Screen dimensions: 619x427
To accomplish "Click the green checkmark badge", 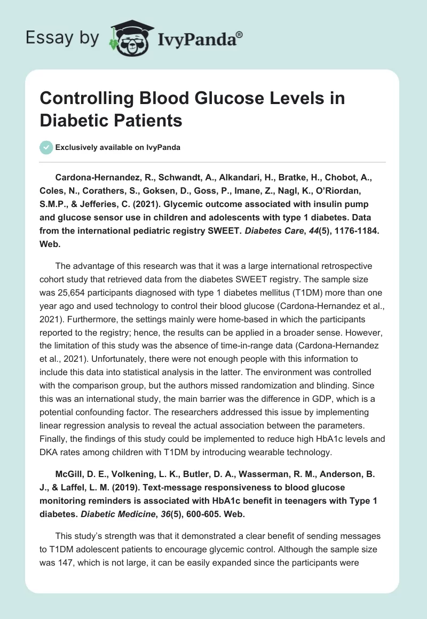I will [x=46, y=147].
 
